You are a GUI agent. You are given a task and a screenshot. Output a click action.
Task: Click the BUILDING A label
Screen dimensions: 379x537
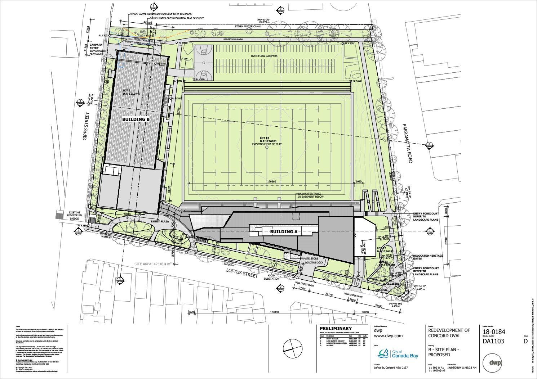pyautogui.click(x=284, y=232)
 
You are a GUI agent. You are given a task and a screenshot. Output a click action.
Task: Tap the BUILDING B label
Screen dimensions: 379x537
pyautogui.click(x=136, y=119)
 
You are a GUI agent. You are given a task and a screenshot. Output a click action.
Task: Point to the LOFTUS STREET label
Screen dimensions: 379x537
pyautogui.click(x=242, y=273)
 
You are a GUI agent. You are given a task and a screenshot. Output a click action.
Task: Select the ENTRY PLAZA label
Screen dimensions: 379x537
pyautogui.click(x=160, y=221)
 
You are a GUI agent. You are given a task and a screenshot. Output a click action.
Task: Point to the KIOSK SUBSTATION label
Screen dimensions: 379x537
pyautogui.click(x=272, y=277)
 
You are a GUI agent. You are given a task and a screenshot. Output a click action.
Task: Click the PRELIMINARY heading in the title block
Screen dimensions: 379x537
pyautogui.click(x=336, y=329)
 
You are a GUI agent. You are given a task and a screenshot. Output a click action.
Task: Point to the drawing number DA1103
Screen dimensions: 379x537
pyautogui.click(x=493, y=342)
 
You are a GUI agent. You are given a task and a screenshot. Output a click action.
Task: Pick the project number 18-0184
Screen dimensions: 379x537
pyautogui.click(x=494, y=333)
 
